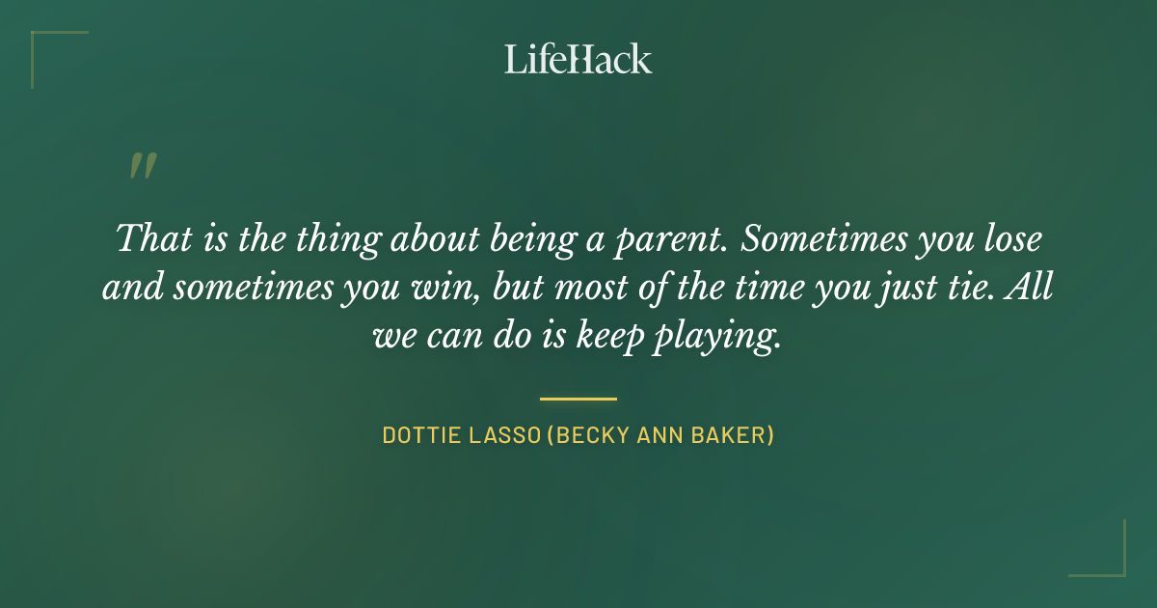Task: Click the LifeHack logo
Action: click(x=578, y=59)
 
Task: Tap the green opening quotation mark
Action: click(x=142, y=167)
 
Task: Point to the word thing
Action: click(x=323, y=238)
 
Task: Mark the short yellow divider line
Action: click(x=578, y=398)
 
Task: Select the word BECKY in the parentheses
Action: click(x=592, y=435)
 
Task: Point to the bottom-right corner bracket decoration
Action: click(x=1109, y=561)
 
